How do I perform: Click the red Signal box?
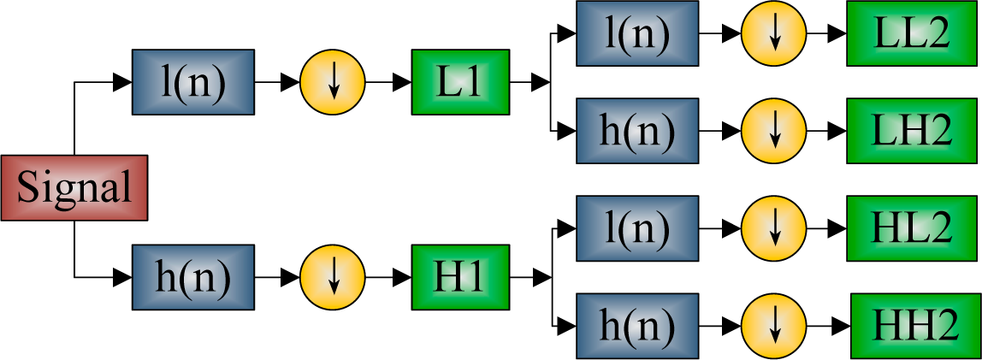point(74,187)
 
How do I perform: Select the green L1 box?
point(460,82)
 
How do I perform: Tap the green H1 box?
point(460,277)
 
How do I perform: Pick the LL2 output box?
point(911,34)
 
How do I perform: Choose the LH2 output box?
point(911,131)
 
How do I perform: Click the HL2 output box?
point(911,228)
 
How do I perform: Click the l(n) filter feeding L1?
point(193,82)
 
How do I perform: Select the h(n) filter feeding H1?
point(193,277)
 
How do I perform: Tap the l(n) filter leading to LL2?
point(636,34)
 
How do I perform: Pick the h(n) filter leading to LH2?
point(636,131)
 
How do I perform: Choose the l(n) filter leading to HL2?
point(636,228)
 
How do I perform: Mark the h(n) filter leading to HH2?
point(636,326)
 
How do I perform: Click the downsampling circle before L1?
point(333,82)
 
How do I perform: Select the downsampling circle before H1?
point(333,277)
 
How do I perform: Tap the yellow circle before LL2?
point(774,34)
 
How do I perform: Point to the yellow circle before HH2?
point(774,326)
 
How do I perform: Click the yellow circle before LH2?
point(774,131)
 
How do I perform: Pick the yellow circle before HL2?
point(774,228)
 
